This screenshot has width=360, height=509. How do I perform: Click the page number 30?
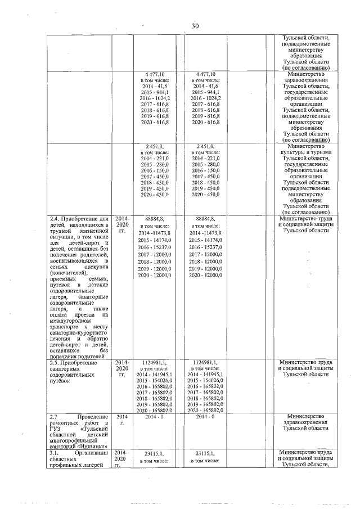pyautogui.click(x=195, y=26)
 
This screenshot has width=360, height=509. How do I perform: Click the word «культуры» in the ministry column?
pyautogui.click(x=291, y=152)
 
